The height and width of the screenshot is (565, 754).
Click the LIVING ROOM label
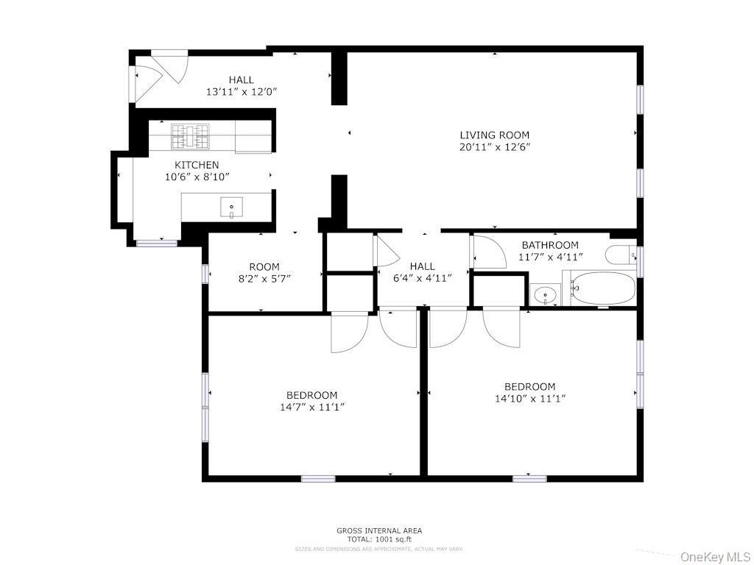(494, 135)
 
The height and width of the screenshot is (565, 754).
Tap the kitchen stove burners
(191, 137)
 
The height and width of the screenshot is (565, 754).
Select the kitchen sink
(231, 208)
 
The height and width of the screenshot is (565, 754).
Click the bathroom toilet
(621, 255)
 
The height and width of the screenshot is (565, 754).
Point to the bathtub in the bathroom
(602, 288)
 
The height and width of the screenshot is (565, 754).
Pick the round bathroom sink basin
(546, 295)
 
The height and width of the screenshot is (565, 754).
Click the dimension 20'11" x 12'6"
(494, 146)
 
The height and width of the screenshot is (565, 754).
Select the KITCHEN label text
(196, 165)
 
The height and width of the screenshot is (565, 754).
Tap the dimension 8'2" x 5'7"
(264, 279)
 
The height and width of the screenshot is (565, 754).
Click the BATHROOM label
(550, 245)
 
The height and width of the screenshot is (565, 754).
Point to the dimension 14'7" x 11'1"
(312, 407)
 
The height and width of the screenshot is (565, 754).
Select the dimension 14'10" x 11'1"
(529, 399)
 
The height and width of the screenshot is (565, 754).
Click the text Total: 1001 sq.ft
(379, 539)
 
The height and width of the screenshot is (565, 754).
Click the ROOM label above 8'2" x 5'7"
(264, 267)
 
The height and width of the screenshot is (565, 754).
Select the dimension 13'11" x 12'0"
(241, 92)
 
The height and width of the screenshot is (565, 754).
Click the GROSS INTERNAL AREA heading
(379, 530)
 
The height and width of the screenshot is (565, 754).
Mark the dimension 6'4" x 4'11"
(422, 277)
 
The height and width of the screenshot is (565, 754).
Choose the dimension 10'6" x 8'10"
(196, 177)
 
